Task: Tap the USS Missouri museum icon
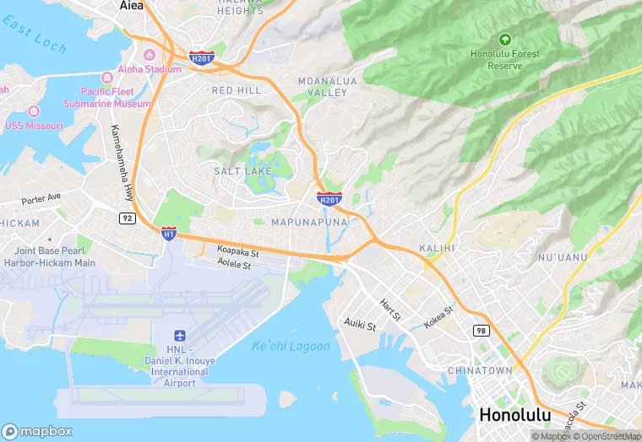35,112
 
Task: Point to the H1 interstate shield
169,231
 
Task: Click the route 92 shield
127,218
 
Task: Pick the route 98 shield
481,330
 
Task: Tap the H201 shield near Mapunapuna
329,199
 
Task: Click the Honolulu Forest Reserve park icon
504,39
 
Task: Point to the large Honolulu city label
514,415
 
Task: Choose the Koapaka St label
237,251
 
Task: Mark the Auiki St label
360,323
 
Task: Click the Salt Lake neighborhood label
242,170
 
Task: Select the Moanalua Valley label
323,86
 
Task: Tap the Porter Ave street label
41,199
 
